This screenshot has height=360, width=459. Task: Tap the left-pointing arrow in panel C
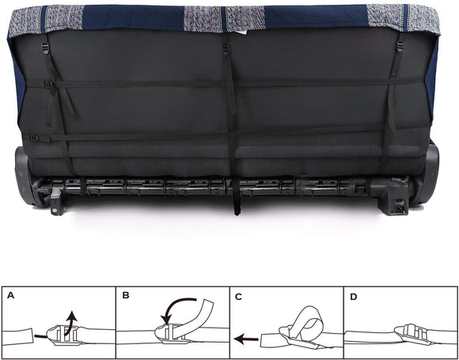(x=245, y=338)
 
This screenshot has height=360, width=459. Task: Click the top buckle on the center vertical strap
(x=226, y=48)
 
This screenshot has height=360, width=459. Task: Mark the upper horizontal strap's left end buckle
(x=49, y=83)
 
